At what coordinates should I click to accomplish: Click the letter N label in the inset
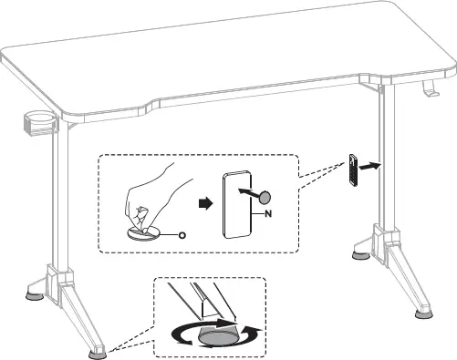tap(267, 213)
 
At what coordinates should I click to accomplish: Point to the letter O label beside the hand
tap(182, 234)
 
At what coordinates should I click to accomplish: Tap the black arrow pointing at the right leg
tap(367, 168)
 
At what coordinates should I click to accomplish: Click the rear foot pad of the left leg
tap(36, 293)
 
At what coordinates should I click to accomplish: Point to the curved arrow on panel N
tap(247, 193)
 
